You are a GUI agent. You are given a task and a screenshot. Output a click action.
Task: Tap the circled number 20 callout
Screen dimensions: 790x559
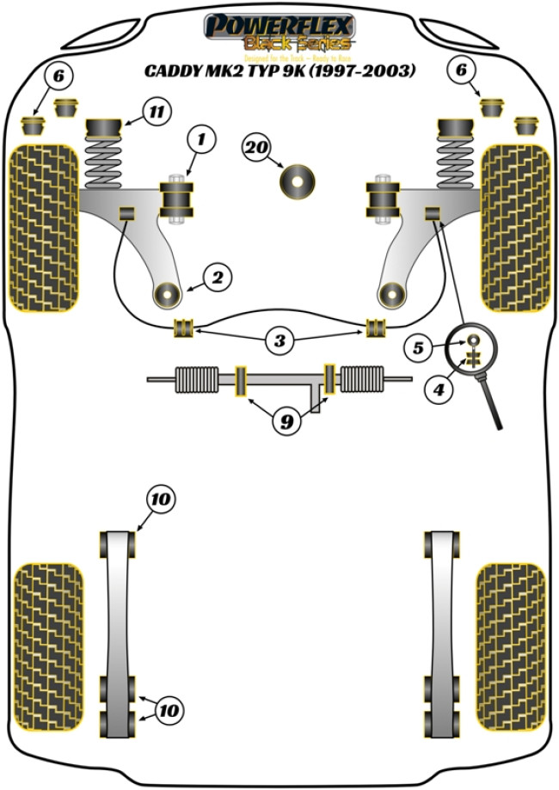tap(255, 148)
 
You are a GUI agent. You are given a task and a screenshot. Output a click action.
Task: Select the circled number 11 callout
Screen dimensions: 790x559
tap(157, 112)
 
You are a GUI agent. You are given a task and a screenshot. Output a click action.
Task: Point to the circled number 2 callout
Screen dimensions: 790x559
tap(217, 277)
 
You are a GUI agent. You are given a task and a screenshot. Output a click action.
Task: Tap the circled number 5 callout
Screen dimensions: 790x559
tap(419, 348)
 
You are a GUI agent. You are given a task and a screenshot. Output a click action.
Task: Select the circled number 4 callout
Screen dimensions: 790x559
tap(439, 389)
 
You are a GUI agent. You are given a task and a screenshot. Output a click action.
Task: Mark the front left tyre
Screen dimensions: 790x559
tap(42, 226)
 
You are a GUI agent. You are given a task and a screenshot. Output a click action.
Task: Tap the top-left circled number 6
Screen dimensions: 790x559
tap(58, 77)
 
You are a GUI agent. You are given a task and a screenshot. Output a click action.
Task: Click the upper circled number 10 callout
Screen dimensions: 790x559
tap(160, 499)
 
